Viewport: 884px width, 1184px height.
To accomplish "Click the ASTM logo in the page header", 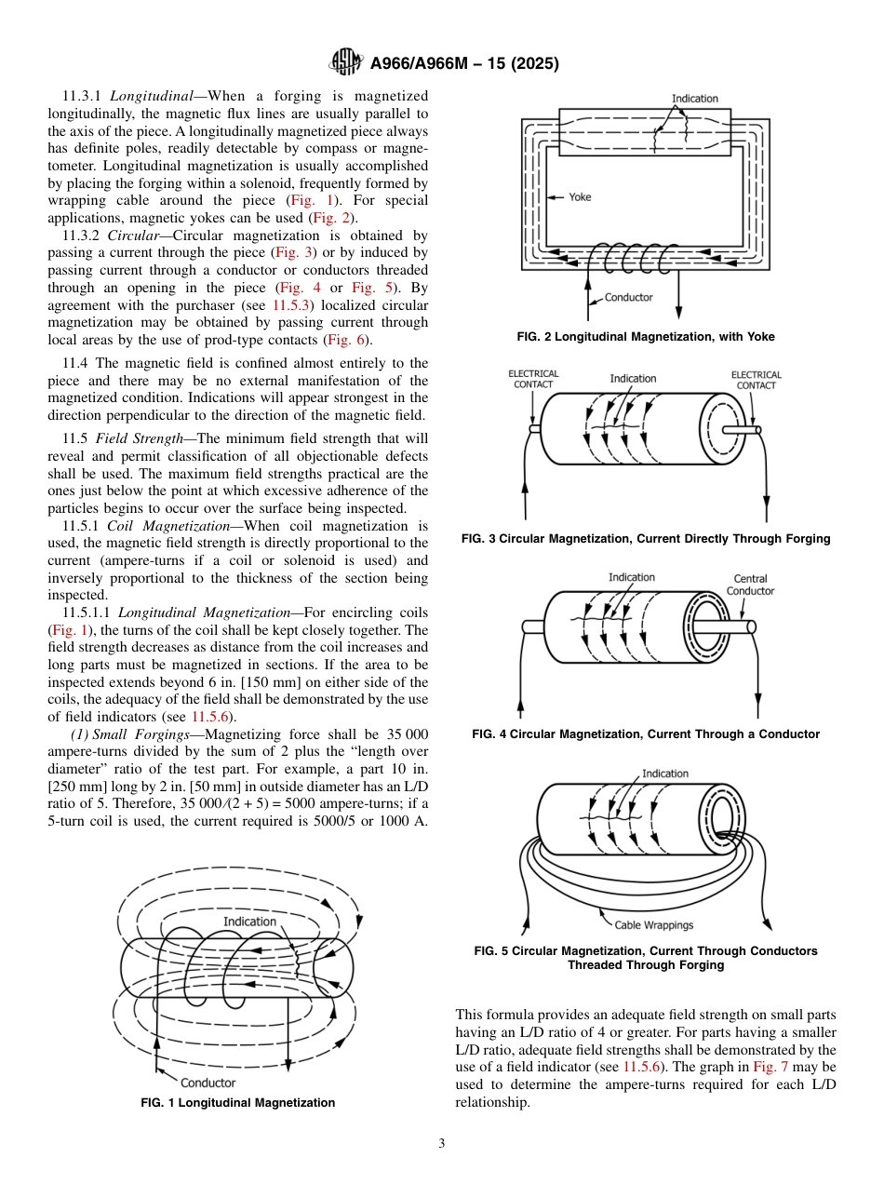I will [x=346, y=63].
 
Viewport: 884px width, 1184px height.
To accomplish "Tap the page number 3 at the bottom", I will [x=441, y=1143].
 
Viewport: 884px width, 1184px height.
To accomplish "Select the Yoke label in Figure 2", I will [x=580, y=197].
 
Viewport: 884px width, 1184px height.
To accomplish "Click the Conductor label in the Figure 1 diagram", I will [x=208, y=1083].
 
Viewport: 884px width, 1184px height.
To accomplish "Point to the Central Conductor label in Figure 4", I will [x=750, y=585].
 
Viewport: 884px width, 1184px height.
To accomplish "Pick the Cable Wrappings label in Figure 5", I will [x=653, y=925].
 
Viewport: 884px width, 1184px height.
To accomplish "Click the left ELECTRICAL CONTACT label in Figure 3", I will [x=533, y=380].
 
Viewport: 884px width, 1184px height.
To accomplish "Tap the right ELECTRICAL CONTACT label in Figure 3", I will [x=756, y=380].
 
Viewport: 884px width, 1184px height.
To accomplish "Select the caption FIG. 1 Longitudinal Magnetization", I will [x=237, y=1103].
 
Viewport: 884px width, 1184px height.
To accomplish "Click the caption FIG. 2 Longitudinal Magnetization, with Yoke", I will [x=646, y=337].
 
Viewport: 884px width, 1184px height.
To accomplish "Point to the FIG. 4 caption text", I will [x=646, y=734].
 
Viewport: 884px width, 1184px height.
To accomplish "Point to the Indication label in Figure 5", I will [x=665, y=774].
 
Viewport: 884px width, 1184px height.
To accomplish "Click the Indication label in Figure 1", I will [x=249, y=922].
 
